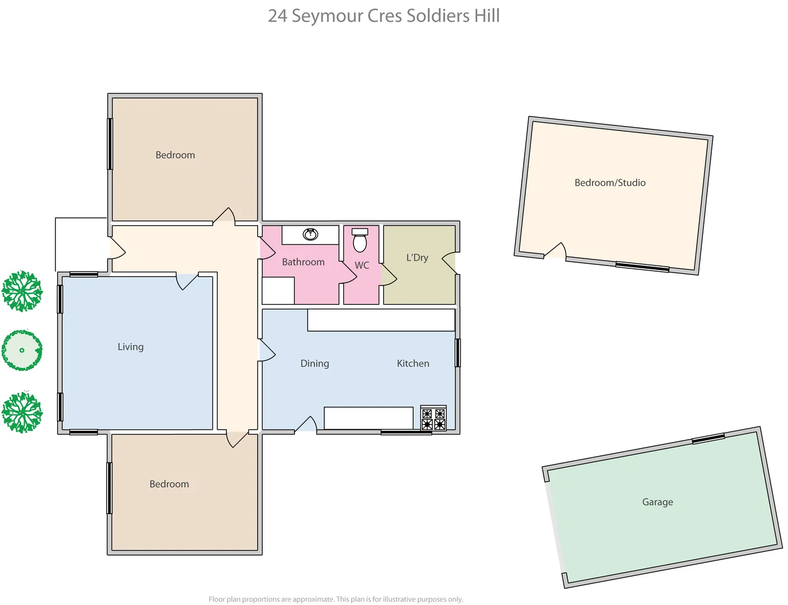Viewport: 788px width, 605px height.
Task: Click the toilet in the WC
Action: pos(360,241)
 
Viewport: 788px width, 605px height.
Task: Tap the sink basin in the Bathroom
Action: pos(310,234)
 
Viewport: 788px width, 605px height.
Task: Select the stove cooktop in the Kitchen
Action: pos(433,418)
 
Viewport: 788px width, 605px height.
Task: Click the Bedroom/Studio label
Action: pos(610,183)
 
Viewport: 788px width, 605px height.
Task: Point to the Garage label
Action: pos(658,502)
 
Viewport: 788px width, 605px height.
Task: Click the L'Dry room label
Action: pos(417,258)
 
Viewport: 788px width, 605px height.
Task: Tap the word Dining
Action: pos(315,364)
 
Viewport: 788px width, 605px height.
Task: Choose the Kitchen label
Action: pos(413,364)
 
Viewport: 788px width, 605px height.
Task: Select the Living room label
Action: pos(130,347)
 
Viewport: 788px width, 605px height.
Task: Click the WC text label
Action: pos(362,266)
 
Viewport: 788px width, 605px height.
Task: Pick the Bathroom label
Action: pos(303,262)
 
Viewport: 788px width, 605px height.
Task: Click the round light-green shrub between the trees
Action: pos(22,350)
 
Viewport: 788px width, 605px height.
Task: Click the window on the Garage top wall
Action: pos(708,440)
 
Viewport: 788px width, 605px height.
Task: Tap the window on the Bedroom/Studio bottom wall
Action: pos(642,267)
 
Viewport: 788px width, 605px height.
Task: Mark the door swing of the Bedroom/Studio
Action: pos(556,252)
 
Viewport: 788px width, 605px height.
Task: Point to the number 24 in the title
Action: pos(277,16)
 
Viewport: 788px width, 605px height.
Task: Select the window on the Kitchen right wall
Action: pos(458,353)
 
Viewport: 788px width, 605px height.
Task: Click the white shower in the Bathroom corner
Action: pos(278,290)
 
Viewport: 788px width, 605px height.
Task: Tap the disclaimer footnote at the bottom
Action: pos(336,599)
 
